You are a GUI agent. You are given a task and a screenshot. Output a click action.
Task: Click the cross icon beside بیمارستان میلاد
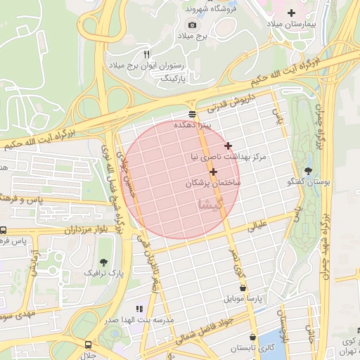(292, 13)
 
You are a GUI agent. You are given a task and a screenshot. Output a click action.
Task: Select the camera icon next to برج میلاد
(173, 25)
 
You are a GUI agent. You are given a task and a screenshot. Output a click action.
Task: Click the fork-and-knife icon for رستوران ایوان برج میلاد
(147, 53)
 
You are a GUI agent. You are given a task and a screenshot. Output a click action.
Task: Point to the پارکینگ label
(176, 78)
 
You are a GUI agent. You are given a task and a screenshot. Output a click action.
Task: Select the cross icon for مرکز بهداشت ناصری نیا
(227, 146)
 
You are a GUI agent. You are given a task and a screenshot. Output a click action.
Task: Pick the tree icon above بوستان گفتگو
(307, 171)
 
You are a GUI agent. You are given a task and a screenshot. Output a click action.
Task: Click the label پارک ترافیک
(103, 271)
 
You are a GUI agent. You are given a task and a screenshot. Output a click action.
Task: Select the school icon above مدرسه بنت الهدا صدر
(139, 308)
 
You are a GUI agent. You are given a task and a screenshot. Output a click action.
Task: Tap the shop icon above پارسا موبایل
(243, 288)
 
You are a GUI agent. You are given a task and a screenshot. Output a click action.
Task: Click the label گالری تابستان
(255, 348)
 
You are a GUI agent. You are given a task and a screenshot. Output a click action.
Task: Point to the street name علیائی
(257, 226)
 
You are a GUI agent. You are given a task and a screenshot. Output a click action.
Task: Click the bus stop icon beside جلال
(88, 345)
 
